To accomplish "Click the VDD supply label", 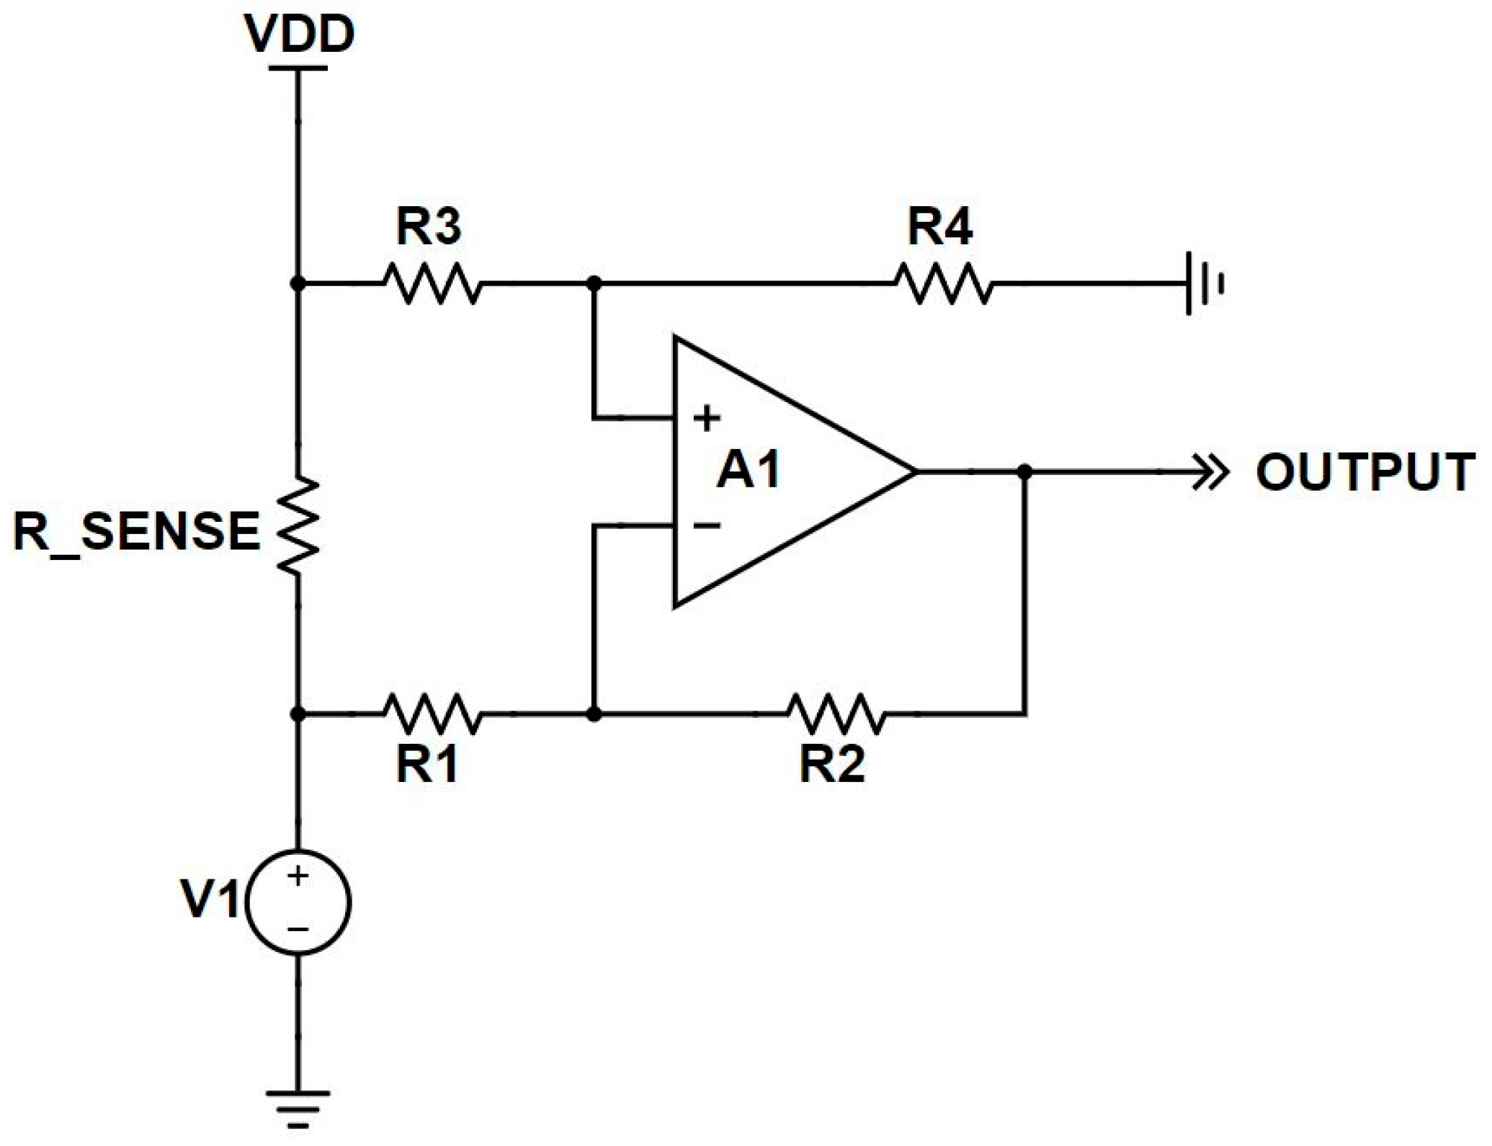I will click(299, 35).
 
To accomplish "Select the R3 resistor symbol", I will click(432, 283).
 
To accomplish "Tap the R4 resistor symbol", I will click(943, 283).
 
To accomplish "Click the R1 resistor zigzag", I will click(432, 714).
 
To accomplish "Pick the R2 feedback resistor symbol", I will click(835, 714).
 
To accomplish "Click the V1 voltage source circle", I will click(298, 902).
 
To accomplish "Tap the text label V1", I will click(210, 900).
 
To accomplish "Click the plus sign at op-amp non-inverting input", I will click(707, 418).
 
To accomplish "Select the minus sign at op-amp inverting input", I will click(707, 525).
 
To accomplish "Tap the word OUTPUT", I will click(1364, 473).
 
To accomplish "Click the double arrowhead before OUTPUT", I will click(1208, 473).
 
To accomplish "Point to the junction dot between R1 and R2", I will click(594, 714).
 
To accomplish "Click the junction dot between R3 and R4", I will click(594, 283).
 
